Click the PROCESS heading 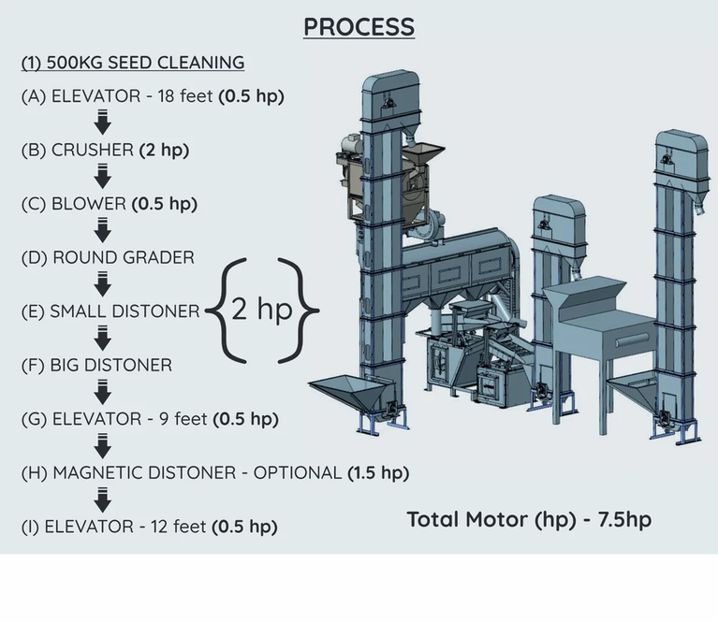pos(359,26)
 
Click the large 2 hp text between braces pos(261,308)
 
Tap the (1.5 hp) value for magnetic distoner pos(378,472)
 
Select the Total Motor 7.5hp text pos(529,519)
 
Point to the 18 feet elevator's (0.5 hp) pos(251,96)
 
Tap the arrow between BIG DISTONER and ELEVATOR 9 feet pos(103,392)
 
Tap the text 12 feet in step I pos(173,527)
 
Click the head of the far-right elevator pos(680,151)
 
